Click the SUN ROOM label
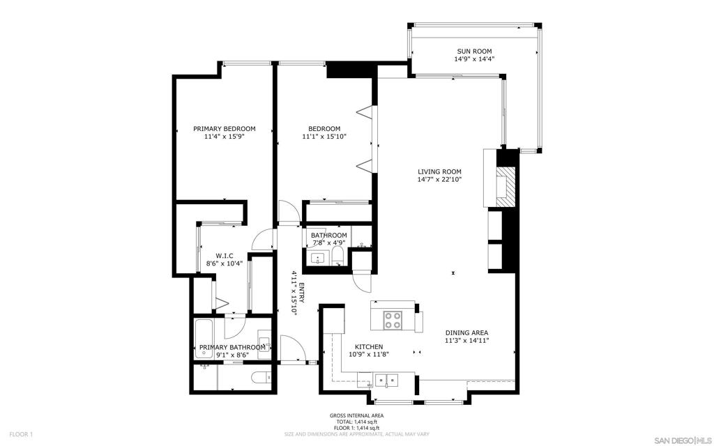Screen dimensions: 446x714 click(x=474, y=51)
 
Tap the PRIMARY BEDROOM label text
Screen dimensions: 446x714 click(x=224, y=129)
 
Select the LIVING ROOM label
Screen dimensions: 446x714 click(x=439, y=171)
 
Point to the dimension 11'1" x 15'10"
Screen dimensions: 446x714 click(x=324, y=137)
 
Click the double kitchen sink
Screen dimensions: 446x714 click(x=385, y=380)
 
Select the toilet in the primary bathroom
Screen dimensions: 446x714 click(x=259, y=378)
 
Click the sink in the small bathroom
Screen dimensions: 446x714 click(x=319, y=258)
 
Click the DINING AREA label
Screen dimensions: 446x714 click(x=466, y=332)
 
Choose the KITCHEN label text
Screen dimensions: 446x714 click(x=369, y=346)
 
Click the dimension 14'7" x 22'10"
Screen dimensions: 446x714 click(x=439, y=180)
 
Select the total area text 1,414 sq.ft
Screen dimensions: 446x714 click(x=356, y=422)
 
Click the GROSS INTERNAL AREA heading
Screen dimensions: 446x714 click(x=356, y=416)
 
